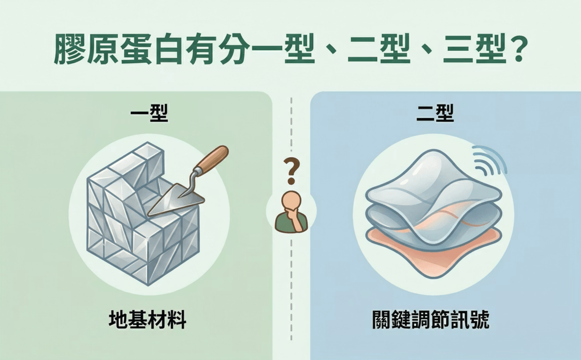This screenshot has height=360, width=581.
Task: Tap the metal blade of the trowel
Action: coord(174,201)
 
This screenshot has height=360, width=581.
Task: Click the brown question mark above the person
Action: coord(291,172)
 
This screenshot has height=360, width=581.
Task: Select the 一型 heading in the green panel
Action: coord(150,113)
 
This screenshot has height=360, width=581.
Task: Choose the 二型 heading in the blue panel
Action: coord(435,113)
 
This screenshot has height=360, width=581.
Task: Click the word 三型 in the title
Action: coord(474,49)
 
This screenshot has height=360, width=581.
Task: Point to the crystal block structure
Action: coord(143,214)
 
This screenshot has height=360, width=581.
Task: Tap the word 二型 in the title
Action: coord(379,49)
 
